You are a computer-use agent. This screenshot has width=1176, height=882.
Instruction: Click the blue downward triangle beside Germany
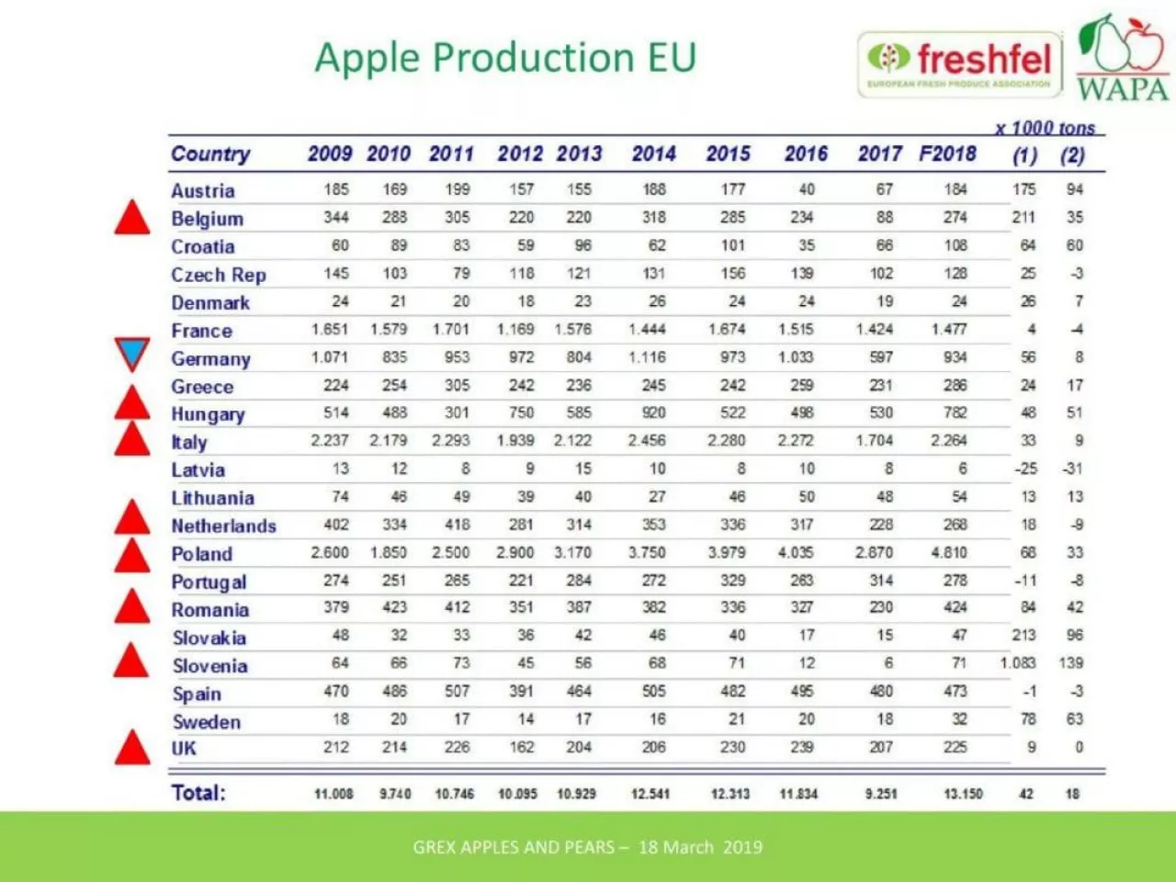click(x=132, y=354)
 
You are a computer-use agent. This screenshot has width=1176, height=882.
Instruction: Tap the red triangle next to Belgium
click(x=132, y=218)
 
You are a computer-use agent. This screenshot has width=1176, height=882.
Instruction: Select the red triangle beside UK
click(x=132, y=748)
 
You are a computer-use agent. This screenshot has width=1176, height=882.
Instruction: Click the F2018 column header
click(x=948, y=153)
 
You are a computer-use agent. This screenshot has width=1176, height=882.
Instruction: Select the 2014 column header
click(x=653, y=153)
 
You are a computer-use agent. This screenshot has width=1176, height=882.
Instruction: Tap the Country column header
click(x=210, y=153)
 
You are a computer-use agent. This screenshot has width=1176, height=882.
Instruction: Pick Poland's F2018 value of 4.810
click(x=949, y=553)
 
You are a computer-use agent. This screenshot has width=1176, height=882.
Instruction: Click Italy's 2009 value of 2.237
click(x=330, y=441)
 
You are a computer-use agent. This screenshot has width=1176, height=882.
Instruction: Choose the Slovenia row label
click(x=210, y=666)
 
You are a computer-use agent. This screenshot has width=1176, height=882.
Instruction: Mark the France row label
click(x=202, y=331)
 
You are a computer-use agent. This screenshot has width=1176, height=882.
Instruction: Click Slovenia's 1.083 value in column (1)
click(x=1018, y=663)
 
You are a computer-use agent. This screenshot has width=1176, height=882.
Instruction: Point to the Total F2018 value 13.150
click(x=963, y=794)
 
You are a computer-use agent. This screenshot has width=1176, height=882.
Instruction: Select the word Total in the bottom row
click(x=198, y=793)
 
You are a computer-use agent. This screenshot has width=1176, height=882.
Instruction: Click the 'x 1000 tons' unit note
click(x=1045, y=128)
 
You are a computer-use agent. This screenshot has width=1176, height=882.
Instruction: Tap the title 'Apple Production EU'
click(x=505, y=58)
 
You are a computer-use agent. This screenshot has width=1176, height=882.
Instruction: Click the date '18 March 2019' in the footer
click(x=700, y=847)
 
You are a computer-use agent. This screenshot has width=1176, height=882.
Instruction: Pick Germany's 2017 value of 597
click(x=881, y=357)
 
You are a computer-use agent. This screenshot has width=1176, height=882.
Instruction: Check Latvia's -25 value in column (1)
click(x=1025, y=469)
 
